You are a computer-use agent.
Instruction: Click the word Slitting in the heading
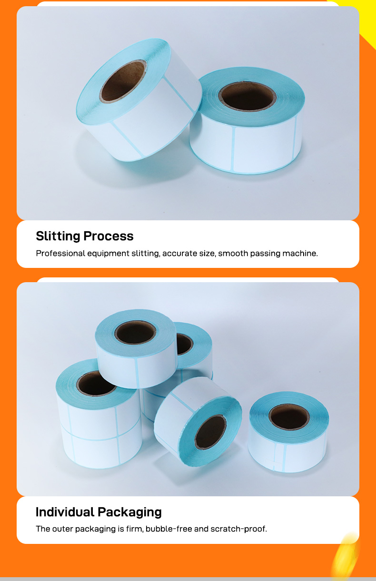[x=58, y=236]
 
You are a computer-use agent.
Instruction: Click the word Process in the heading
[x=109, y=236]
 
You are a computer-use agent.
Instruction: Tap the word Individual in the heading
[x=65, y=512]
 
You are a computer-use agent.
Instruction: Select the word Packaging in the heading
[x=129, y=512]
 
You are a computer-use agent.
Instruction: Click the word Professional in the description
[x=60, y=253]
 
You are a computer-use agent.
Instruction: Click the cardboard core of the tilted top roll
[x=123, y=81]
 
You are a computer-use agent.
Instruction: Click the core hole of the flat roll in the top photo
[x=247, y=96]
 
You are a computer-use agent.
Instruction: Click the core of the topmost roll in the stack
[x=135, y=332]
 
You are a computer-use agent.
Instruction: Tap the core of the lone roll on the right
[x=289, y=417]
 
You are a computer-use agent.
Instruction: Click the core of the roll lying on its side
[x=210, y=432]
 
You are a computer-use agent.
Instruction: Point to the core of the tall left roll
[x=96, y=384]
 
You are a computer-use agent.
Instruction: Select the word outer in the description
[x=62, y=529]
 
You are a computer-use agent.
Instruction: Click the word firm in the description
[x=135, y=529]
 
